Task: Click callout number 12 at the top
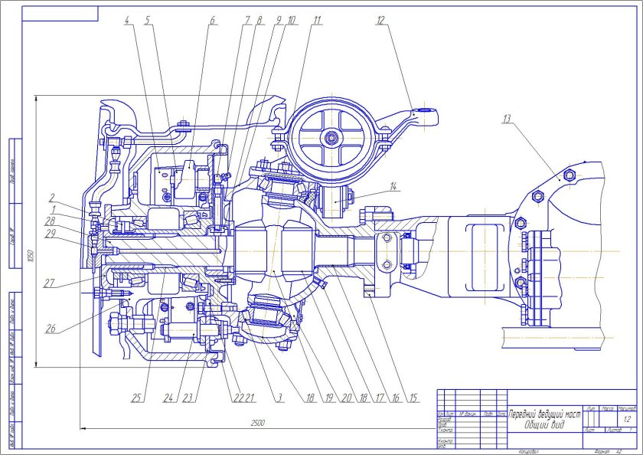point(380,21)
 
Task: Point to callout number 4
point(127,21)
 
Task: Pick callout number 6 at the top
point(213,21)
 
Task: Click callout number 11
point(316,21)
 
